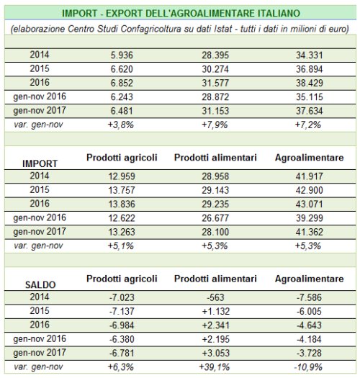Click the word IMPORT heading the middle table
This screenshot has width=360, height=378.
tap(40, 163)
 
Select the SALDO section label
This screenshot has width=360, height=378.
tap(40, 284)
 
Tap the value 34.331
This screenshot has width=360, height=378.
tap(310, 55)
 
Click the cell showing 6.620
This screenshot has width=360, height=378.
tap(122, 69)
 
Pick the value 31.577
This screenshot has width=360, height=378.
tap(215, 84)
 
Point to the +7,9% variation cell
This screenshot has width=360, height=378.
tap(215, 125)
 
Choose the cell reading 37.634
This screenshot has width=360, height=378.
tap(310, 111)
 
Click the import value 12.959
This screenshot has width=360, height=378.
tap(122, 176)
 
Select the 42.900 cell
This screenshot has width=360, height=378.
tap(310, 190)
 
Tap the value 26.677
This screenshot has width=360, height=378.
tap(215, 218)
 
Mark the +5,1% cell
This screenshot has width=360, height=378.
tap(121, 246)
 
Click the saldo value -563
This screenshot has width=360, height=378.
tap(215, 297)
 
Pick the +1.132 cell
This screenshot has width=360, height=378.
tap(216, 311)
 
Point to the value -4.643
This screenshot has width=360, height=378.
tap(309, 325)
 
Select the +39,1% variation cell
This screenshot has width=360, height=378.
tap(215, 367)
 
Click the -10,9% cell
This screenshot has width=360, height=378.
tap(308, 367)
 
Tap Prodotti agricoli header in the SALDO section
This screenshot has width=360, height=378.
tap(122, 279)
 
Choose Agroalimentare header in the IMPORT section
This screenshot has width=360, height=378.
tap(310, 158)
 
